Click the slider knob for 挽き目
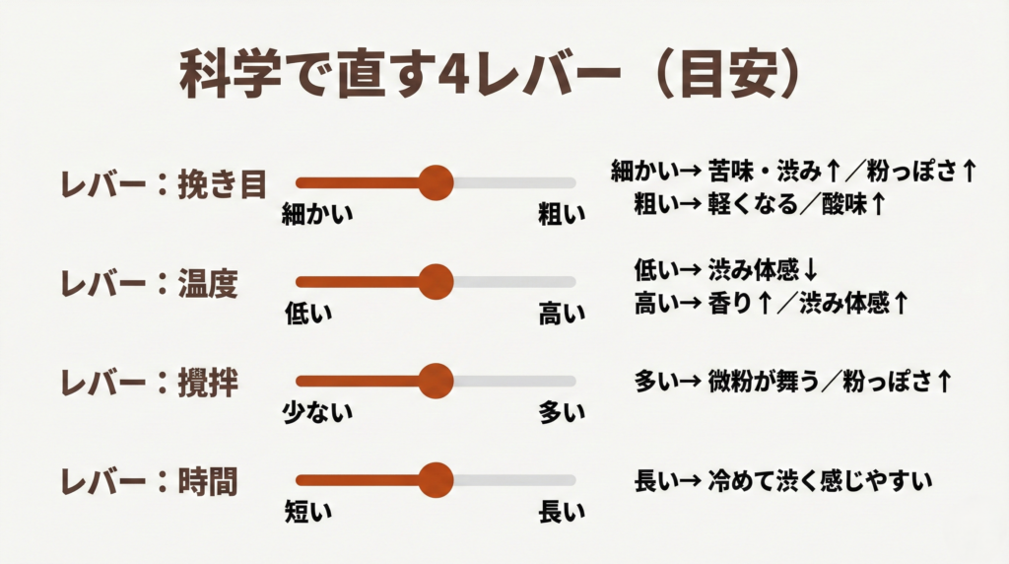(436, 182)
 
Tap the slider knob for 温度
(436, 282)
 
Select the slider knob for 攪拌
(436, 381)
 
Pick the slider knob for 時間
(436, 480)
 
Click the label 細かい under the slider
(317, 213)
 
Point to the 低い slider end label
(308, 314)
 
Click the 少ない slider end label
(317, 413)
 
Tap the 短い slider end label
(308, 512)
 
